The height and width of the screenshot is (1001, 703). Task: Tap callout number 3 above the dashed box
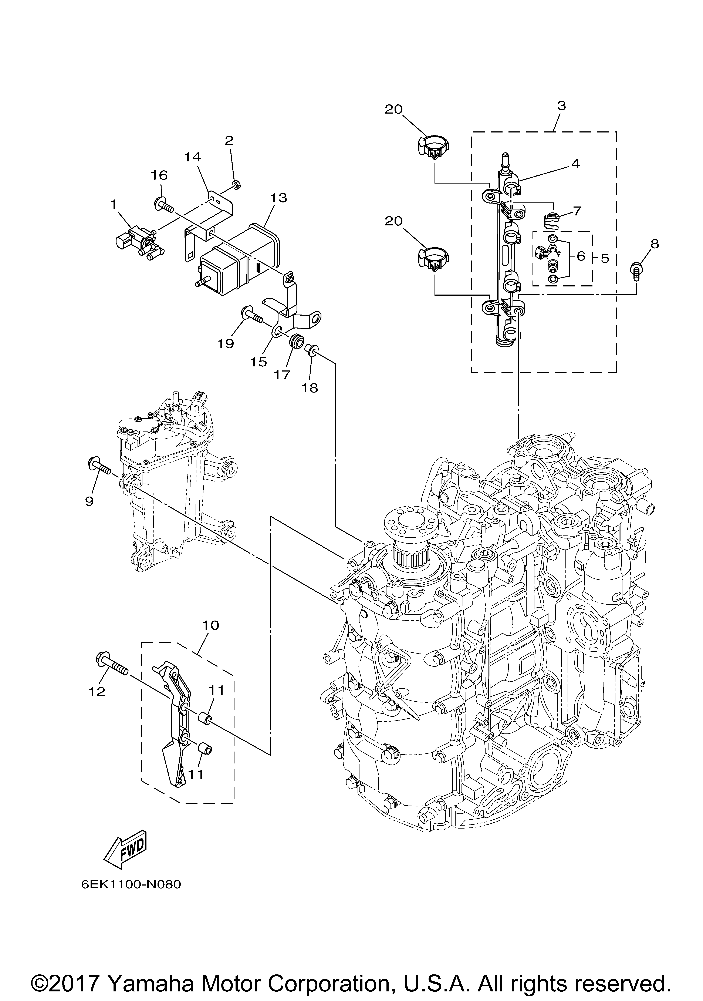[x=561, y=105]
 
